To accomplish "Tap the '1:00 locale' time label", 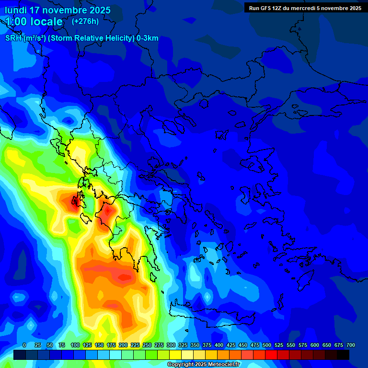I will [34, 22].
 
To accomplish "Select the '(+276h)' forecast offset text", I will [85, 22].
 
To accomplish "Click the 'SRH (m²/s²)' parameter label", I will [25, 38].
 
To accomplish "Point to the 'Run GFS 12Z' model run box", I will [305, 8].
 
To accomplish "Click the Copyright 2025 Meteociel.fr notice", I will [203, 365].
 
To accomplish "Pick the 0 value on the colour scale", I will [24, 345].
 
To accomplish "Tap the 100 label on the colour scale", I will [75, 345].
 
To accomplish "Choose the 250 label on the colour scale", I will [147, 345].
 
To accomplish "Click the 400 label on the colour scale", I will [219, 345].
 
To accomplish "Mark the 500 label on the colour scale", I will [267, 345].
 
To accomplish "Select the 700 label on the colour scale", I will [351, 345].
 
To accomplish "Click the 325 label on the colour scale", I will [183, 345].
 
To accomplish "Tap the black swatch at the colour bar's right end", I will [343, 355].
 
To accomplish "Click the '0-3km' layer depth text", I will [148, 38].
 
